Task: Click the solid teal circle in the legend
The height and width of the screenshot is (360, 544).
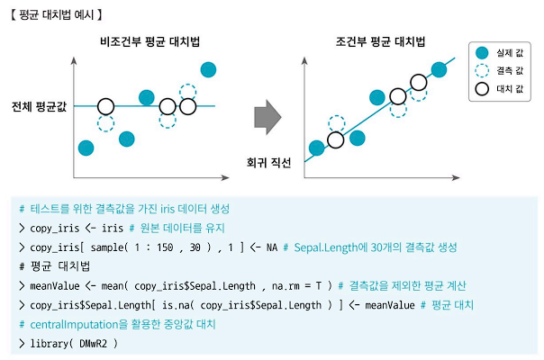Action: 482,53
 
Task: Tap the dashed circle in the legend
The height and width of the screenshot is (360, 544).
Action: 482,71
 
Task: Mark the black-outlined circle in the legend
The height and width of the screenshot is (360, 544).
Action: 482,89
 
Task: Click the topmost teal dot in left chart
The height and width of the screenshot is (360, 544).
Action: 208,69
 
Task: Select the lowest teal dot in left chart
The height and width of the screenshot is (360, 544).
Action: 87,147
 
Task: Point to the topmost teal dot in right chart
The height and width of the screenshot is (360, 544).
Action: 439,69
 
